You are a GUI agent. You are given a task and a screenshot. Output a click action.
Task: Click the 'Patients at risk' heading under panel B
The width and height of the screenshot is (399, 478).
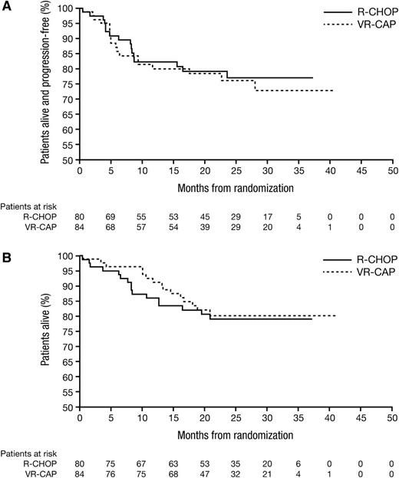28,453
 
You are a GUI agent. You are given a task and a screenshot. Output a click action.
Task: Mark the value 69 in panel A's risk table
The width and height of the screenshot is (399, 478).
110,218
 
